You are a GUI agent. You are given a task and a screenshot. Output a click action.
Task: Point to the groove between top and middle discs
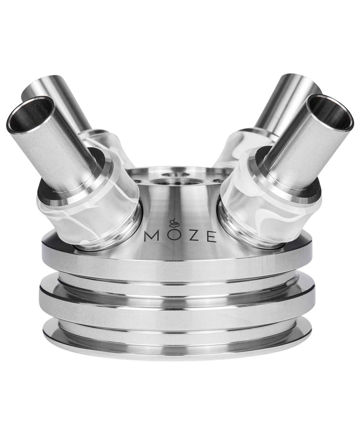click(177, 276)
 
